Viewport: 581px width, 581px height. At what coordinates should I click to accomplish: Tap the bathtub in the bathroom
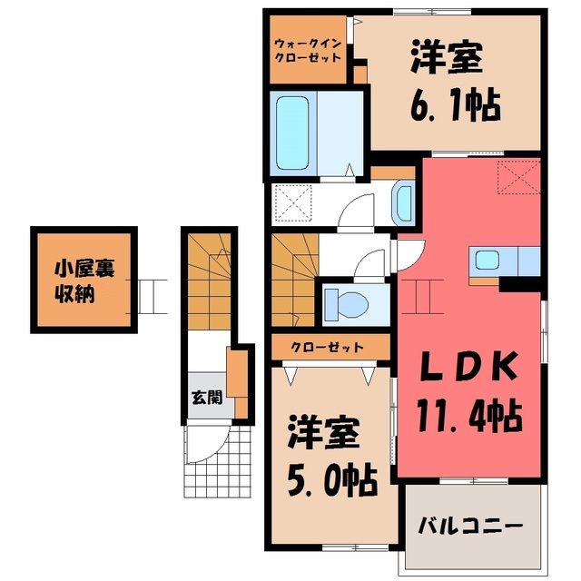pyautogui.click(x=292, y=133)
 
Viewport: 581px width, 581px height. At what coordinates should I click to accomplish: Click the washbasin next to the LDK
pyautogui.click(x=403, y=203)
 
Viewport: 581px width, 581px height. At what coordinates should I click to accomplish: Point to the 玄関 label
pyautogui.click(x=207, y=398)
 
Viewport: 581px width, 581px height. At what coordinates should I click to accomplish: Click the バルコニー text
pyautogui.click(x=470, y=526)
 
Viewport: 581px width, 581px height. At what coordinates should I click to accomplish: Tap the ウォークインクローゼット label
pyautogui.click(x=308, y=51)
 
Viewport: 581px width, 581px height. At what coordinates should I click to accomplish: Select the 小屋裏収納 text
pyautogui.click(x=84, y=281)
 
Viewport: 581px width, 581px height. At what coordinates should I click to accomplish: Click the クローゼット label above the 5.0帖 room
pyautogui.click(x=327, y=347)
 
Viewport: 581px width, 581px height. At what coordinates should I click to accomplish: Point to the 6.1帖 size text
pyautogui.click(x=456, y=105)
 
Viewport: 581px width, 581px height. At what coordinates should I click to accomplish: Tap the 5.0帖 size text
pyautogui.click(x=332, y=481)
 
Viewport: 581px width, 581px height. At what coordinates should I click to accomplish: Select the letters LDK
pyautogui.click(x=469, y=366)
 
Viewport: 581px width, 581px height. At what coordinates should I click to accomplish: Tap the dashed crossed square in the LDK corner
pyautogui.click(x=519, y=177)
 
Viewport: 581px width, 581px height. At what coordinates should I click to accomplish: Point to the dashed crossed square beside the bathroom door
pyautogui.click(x=292, y=203)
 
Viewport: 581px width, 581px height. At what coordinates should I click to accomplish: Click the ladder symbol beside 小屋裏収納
pyautogui.click(x=147, y=297)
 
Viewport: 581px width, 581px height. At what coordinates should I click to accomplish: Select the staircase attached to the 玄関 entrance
pyautogui.click(x=210, y=281)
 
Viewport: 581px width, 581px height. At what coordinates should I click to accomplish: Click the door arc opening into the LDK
pyautogui.click(x=410, y=255)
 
